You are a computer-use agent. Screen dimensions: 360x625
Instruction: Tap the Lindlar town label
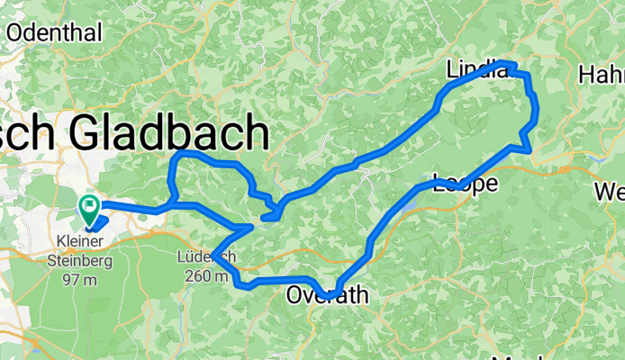tap(477, 69)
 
